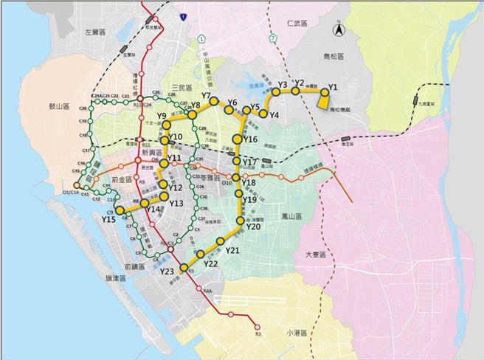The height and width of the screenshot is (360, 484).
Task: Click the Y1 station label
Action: (333, 87)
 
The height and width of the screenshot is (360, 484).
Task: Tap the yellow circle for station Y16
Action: (238, 139)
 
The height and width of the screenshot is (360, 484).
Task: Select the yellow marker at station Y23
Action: (184, 269)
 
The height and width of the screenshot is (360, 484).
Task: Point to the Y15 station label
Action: (108, 219)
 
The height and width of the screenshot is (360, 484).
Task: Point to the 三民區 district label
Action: (182, 88)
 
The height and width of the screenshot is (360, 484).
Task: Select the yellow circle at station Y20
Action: (240, 218)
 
